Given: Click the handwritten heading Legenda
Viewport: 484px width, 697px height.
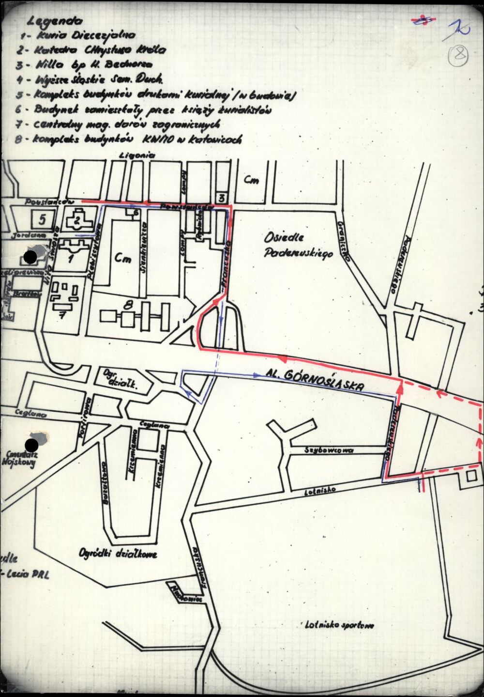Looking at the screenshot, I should pos(55,21).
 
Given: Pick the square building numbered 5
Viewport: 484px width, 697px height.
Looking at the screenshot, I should pos(42,219).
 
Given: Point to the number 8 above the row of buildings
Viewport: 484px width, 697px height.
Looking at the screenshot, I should pos(128,305).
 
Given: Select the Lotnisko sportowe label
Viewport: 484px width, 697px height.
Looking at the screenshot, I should pos(339,624).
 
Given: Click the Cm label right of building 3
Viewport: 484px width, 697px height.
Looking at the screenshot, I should pos(251,181).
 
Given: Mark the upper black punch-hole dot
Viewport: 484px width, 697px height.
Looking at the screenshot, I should pos(30,257).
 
